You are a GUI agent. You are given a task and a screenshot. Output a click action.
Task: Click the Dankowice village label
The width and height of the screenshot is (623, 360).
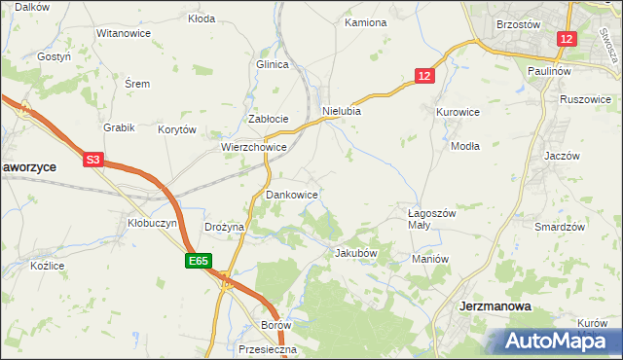[x=292, y=195]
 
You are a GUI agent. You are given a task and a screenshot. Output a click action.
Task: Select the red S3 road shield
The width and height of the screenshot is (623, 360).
[x=92, y=159]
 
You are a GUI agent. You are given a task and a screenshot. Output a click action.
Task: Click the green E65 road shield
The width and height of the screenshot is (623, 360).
[x=199, y=261]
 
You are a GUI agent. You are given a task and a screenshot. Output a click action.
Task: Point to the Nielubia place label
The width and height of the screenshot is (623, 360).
[x=342, y=111]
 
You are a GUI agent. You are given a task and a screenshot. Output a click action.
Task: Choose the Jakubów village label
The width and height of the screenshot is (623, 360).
[x=355, y=253]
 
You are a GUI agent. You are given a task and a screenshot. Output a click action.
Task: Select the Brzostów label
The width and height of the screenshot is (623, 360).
[x=518, y=22]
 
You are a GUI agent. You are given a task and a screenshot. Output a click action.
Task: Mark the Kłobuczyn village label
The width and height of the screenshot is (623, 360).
[x=153, y=223]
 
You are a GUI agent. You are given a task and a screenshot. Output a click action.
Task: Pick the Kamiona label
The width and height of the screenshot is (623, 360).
[x=365, y=22]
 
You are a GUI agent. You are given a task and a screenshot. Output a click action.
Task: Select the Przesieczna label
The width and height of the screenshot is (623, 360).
[x=266, y=348]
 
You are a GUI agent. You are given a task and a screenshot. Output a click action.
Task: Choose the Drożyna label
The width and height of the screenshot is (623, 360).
[x=224, y=227]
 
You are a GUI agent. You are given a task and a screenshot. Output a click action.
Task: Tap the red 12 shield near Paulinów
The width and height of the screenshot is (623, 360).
[x=568, y=39]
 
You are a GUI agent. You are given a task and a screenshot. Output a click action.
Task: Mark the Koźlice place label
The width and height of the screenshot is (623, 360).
[x=47, y=266]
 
